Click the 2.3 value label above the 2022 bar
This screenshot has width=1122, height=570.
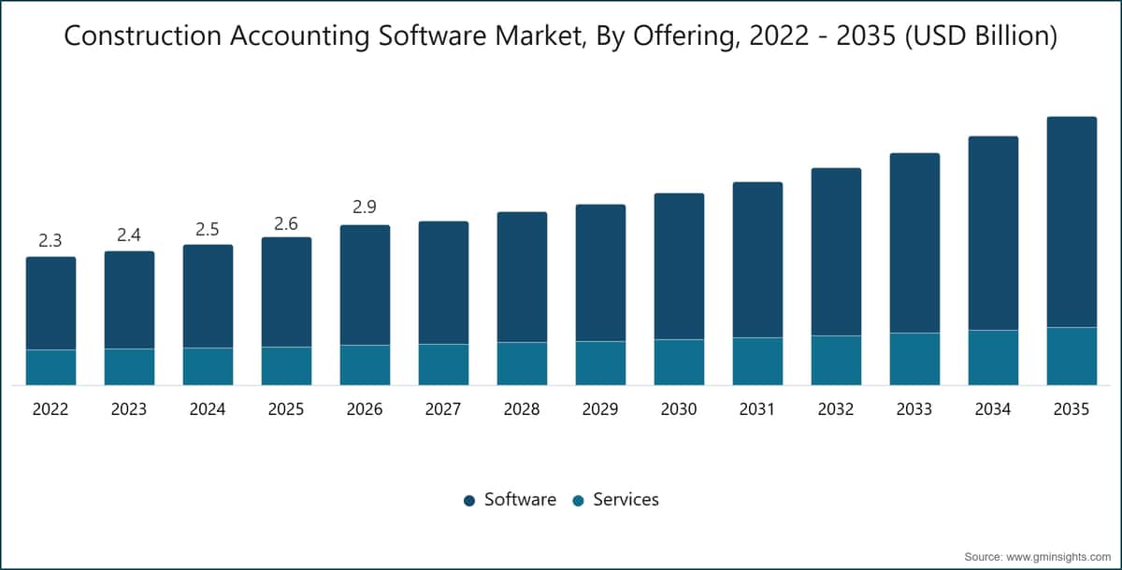point(50,241)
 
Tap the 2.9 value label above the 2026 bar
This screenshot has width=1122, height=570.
point(364,207)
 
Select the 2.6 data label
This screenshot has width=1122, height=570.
point(286,223)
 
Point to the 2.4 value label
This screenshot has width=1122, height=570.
point(129,235)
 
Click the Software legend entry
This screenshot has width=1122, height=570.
point(510,499)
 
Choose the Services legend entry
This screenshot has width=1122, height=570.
point(615,499)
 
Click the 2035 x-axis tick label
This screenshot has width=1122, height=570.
point(1072,409)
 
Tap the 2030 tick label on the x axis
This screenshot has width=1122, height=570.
point(679,409)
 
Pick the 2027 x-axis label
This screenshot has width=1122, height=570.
point(443,409)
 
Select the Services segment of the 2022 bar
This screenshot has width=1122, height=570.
point(51,367)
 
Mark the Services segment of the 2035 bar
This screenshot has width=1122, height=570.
point(1072,356)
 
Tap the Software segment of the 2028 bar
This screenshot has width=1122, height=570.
point(522,277)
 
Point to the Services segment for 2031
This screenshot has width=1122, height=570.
point(757,362)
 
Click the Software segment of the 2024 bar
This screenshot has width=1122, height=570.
point(208,296)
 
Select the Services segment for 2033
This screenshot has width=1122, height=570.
point(914,359)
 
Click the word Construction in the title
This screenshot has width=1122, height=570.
point(143,36)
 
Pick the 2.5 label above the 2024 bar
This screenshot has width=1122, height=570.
point(208,229)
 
